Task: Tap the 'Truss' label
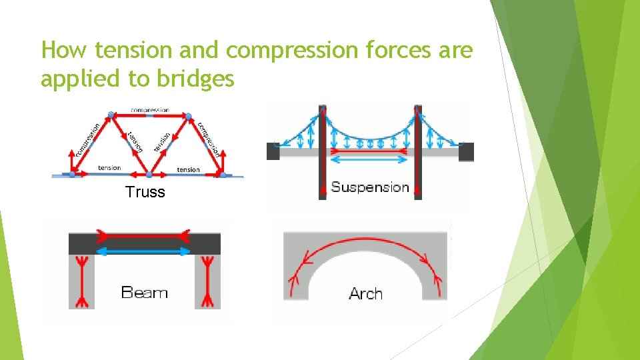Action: tap(145, 193)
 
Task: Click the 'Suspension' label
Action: tap(370, 187)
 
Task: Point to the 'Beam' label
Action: tap(144, 292)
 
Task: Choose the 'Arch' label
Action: tap(365, 293)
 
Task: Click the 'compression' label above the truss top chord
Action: tap(149, 110)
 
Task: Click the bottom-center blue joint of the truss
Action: tap(149, 174)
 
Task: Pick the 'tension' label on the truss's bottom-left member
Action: tap(109, 167)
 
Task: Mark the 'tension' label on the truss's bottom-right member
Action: tap(188, 169)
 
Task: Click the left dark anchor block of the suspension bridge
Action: tap(273, 152)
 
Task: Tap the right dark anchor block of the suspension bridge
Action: tap(466, 152)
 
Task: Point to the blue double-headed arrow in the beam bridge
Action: tap(144, 251)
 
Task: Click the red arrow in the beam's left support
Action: tap(82, 280)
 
